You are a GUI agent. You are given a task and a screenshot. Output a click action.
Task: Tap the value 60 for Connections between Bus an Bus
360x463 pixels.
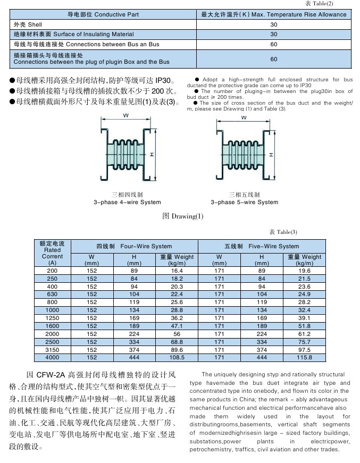(x=274, y=44)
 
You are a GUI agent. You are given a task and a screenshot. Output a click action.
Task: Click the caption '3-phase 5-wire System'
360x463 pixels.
(x=244, y=202)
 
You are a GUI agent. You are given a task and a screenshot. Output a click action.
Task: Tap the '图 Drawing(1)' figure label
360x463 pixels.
(x=182, y=216)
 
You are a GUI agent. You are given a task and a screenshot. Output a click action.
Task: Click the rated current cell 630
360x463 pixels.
(x=52, y=294)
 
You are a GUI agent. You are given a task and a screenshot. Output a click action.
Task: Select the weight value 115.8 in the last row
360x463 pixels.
(x=305, y=358)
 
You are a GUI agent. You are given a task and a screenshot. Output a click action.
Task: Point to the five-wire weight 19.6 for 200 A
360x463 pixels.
(x=305, y=271)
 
